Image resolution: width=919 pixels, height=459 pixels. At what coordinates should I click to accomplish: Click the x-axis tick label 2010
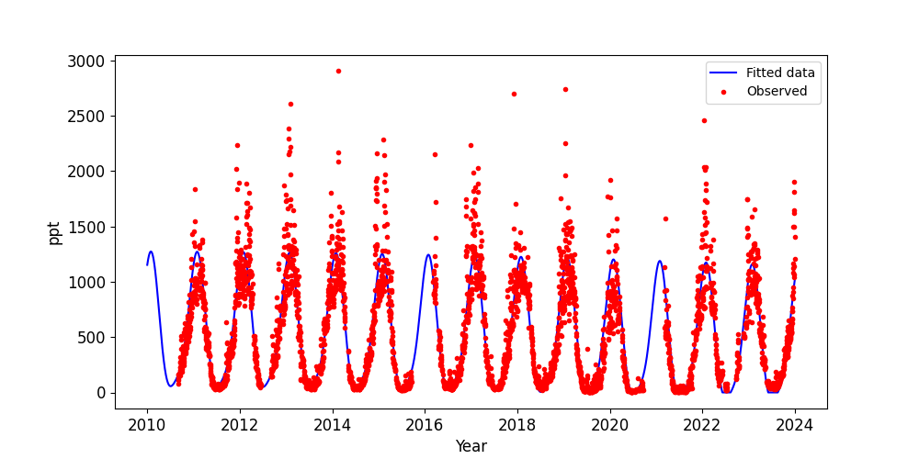(x=147, y=424)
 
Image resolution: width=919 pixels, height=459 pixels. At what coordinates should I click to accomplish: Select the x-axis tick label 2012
(x=240, y=424)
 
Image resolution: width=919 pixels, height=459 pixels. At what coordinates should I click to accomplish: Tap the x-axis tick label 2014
(x=332, y=424)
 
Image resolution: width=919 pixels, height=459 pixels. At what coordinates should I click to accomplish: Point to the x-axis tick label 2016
(x=425, y=424)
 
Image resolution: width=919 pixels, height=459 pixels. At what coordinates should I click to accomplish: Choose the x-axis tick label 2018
(x=517, y=424)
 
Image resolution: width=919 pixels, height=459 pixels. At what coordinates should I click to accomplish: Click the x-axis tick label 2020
(x=609, y=424)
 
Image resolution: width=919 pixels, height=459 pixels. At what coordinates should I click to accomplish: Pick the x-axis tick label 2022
(x=702, y=424)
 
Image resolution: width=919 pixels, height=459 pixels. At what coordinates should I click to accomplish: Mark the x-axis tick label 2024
(x=794, y=424)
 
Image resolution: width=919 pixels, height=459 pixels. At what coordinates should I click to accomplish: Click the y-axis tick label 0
(x=102, y=393)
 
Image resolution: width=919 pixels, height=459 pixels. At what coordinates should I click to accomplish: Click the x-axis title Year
(x=471, y=446)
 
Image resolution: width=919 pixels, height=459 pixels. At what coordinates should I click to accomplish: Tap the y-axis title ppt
(x=55, y=232)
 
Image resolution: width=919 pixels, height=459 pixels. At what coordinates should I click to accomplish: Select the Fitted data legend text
(x=780, y=73)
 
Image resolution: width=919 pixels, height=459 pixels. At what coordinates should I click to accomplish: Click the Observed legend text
(x=777, y=91)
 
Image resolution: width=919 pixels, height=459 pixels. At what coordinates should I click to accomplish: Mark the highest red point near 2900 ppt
(x=338, y=71)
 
